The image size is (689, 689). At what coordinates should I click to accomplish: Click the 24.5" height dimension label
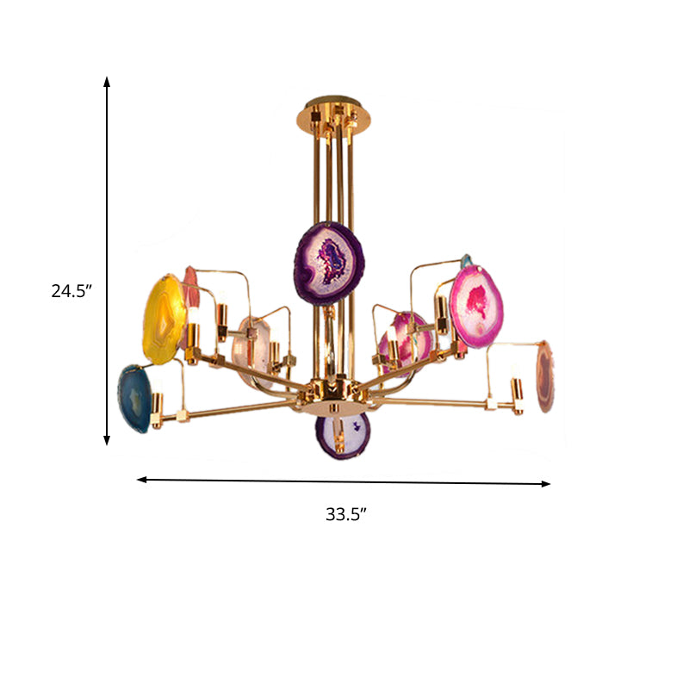[71, 291]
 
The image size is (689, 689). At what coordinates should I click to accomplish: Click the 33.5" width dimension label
[346, 515]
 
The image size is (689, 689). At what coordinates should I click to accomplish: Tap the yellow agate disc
[164, 320]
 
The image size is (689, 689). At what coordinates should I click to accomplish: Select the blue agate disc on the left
[133, 397]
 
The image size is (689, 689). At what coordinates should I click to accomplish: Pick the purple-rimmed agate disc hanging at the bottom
[341, 435]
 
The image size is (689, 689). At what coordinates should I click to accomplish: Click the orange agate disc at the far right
[544, 376]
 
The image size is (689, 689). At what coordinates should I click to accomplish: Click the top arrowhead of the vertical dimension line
[108, 81]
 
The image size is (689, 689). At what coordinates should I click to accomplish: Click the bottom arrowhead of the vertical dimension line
[108, 440]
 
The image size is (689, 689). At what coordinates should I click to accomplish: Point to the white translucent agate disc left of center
[251, 349]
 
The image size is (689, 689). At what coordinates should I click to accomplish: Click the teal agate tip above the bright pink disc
[466, 260]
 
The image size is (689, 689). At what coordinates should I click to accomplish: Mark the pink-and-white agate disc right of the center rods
[409, 338]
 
